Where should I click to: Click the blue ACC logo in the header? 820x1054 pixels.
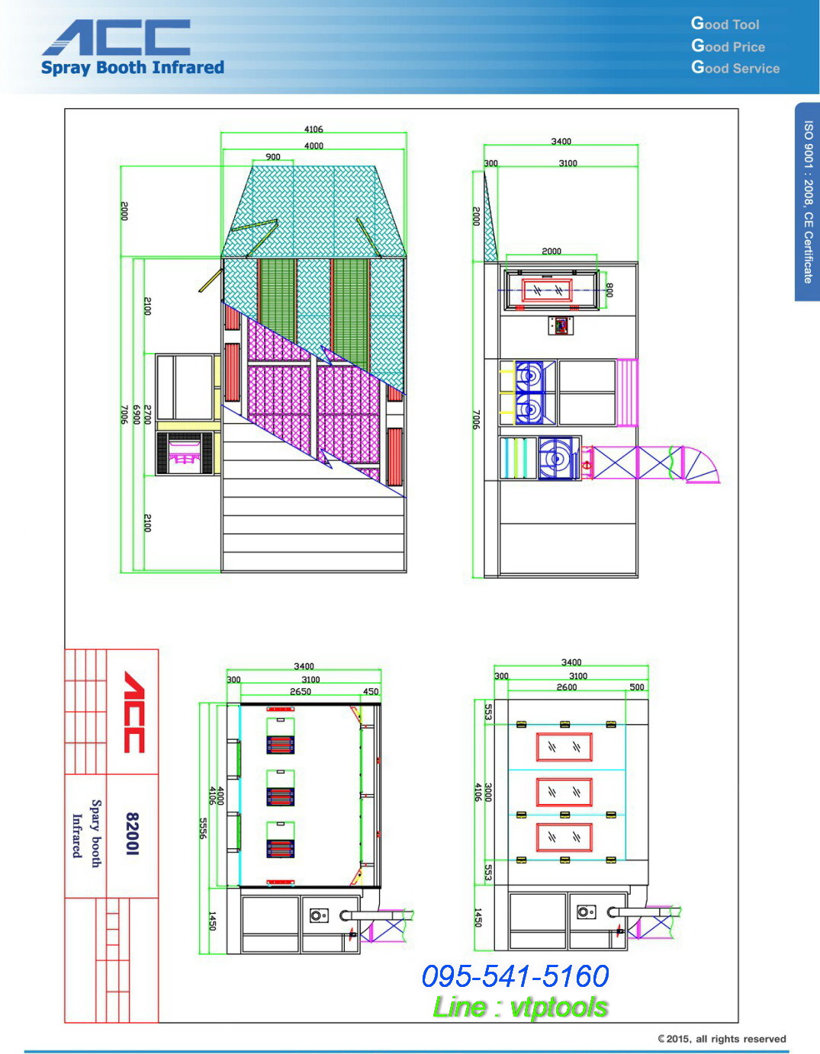tap(116, 37)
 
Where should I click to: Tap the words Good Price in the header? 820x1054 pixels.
tap(728, 46)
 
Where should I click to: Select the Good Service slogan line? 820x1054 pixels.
tap(735, 67)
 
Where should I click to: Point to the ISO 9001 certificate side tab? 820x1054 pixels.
tap(807, 202)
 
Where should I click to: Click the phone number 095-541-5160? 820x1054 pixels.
tap(515, 976)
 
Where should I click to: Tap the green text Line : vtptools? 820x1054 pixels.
tap(519, 1008)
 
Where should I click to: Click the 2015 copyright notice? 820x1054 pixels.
tap(722, 1039)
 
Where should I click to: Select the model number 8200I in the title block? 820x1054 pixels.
tap(133, 833)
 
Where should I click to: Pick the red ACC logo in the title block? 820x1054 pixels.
tap(134, 712)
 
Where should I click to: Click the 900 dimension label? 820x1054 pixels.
tap(273, 157)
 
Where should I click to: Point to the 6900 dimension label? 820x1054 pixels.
tap(137, 415)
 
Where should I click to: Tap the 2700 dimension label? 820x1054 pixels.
tap(148, 415)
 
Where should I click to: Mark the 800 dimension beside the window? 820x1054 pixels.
tap(609, 290)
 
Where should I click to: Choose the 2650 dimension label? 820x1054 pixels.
tap(301, 691)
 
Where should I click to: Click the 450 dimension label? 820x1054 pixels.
tap(371, 691)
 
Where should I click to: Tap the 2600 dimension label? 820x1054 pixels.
tap(567, 687)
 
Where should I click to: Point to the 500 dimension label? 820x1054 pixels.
tap(636, 687)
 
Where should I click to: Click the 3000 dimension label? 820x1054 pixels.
tap(488, 792)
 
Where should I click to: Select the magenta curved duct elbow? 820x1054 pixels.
tap(702, 464)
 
